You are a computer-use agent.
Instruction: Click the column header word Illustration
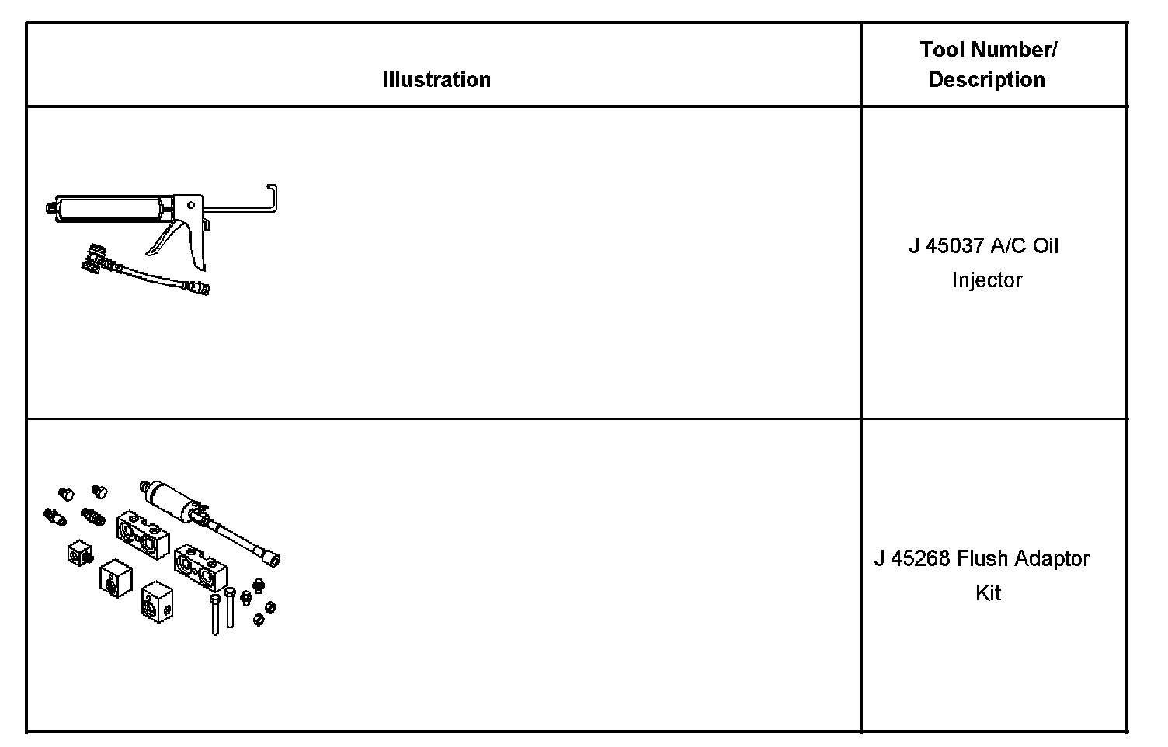point(436,80)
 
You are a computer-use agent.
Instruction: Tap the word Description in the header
point(986,80)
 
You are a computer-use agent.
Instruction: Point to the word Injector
point(986,280)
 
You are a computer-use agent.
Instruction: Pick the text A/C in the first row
point(1008,246)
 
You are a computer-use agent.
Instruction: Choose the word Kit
point(988,593)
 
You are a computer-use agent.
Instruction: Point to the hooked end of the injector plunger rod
point(273,197)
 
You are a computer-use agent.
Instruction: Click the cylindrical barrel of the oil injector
point(109,209)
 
